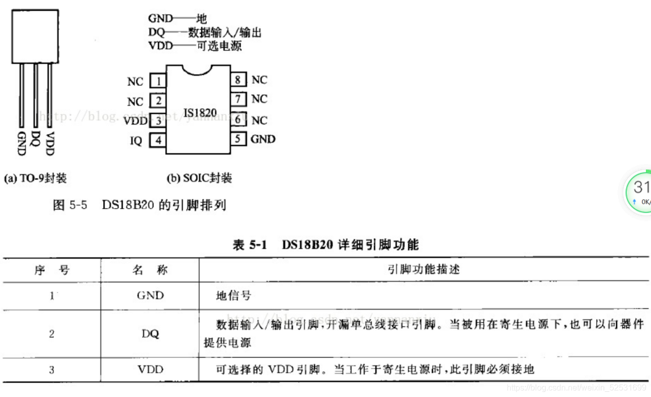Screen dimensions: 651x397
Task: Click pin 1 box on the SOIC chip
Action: point(159,81)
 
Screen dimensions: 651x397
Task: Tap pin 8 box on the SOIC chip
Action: point(238,80)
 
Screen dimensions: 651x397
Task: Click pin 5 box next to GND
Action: point(238,138)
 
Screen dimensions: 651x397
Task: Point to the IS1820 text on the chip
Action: point(200,112)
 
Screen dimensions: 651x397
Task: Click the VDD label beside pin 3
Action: point(136,121)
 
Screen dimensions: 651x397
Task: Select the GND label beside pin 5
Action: point(263,139)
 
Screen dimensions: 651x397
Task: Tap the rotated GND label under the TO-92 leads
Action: point(22,143)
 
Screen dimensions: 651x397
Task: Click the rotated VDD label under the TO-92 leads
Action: point(49,143)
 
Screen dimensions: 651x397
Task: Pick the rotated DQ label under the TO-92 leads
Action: point(35,138)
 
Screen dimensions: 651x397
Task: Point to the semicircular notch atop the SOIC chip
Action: point(198,70)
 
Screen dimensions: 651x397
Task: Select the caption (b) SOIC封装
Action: point(199,178)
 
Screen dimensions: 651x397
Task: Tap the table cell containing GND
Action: point(150,295)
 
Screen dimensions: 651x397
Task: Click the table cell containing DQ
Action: point(150,334)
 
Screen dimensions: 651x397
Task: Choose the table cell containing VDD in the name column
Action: point(150,369)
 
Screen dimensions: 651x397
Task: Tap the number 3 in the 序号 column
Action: point(51,369)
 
